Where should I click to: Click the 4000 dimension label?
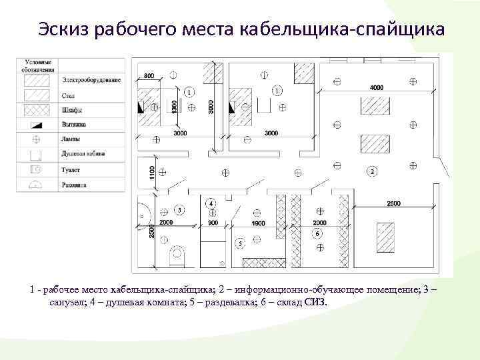(377, 87)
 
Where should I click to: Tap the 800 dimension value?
(149, 76)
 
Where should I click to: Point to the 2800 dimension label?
(393, 203)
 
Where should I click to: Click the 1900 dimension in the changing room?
(257, 223)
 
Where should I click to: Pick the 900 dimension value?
(213, 223)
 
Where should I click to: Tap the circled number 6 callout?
(317, 234)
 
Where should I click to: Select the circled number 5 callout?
(239, 244)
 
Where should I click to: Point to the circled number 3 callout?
(179, 211)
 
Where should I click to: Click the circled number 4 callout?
(211, 202)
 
